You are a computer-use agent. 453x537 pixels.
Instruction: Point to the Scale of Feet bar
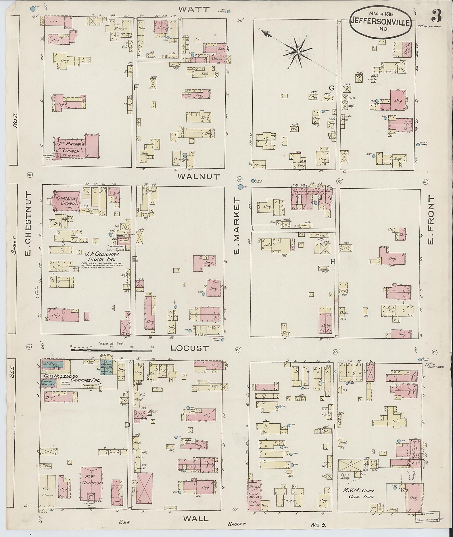112,350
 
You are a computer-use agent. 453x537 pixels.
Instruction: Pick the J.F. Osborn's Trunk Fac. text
102,257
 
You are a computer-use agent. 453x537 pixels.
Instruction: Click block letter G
332,88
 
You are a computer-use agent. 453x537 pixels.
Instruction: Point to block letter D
127,425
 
